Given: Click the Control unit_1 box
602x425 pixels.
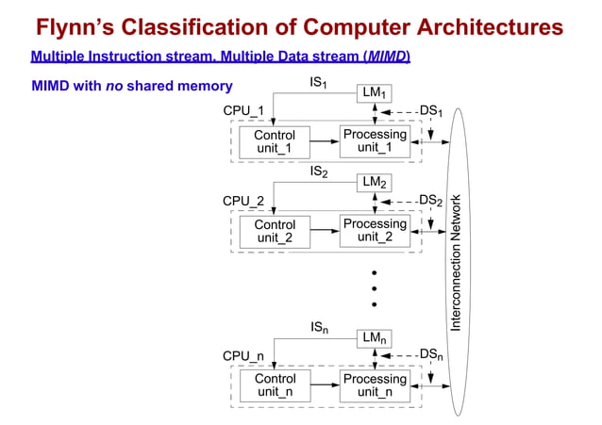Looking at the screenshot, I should (275, 142).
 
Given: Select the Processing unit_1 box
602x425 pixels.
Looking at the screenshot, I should (375, 142).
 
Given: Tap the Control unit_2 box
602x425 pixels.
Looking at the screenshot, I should (275, 232).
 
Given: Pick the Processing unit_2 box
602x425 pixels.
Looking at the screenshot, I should (375, 231).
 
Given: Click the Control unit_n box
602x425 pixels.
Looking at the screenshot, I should (275, 386).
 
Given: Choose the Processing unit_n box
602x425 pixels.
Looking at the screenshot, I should (375, 386).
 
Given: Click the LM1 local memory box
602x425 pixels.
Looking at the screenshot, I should (376, 93).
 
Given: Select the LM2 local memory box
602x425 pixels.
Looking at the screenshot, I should (376, 183).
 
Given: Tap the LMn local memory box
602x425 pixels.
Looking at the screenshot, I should (376, 337).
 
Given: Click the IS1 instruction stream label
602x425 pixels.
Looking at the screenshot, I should (319, 84).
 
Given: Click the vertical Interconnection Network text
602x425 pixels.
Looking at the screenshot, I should (457, 262).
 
